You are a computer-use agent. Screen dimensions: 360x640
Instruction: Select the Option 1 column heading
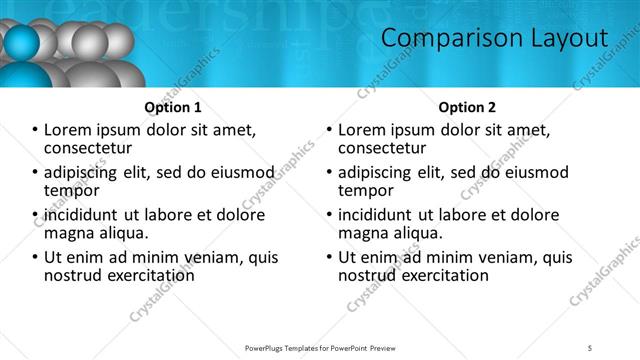point(173,107)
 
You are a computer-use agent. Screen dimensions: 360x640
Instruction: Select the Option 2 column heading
point(467,107)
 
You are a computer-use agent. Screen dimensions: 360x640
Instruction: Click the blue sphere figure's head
point(22,42)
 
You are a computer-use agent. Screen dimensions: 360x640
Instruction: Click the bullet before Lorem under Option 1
point(36,130)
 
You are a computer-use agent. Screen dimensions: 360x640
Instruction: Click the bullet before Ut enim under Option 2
point(330,257)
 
